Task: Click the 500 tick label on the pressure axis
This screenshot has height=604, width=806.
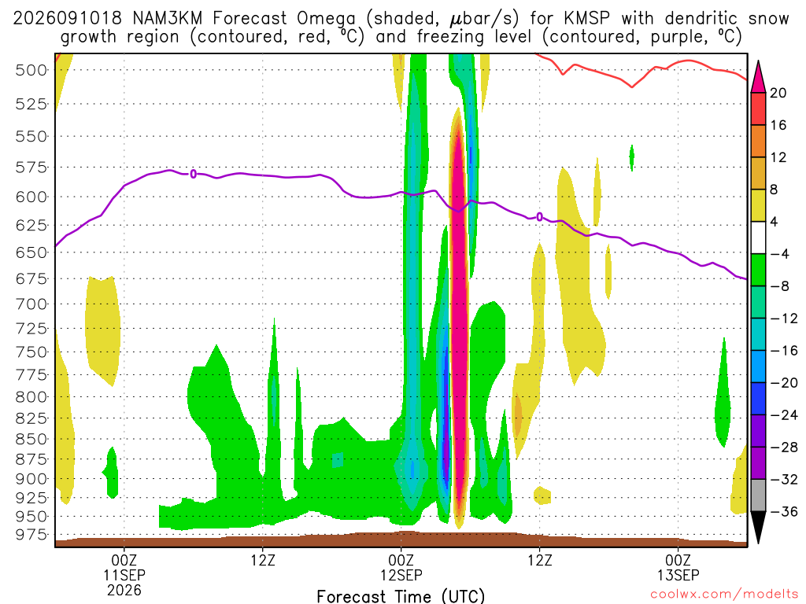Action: click(x=31, y=70)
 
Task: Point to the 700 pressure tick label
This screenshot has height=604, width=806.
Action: click(x=31, y=304)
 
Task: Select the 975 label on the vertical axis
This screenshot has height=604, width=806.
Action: click(x=31, y=535)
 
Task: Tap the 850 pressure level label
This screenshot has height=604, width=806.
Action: click(x=31, y=439)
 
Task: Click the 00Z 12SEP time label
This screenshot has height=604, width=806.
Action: click(x=401, y=567)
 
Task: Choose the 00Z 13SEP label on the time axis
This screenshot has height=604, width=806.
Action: click(x=678, y=567)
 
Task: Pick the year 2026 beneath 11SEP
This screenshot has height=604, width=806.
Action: click(x=124, y=590)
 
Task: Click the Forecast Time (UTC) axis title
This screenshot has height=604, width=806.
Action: click(x=401, y=596)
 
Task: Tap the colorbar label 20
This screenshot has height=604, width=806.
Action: click(x=778, y=93)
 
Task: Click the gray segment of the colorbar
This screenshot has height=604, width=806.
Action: click(x=758, y=495)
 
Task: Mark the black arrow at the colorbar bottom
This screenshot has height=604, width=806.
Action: click(x=758, y=526)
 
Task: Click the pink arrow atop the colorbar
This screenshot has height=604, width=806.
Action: click(x=758, y=78)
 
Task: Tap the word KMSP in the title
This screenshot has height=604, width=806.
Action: click(x=586, y=19)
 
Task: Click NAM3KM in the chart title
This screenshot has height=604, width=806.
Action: click(x=167, y=19)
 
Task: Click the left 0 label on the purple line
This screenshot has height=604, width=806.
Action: click(x=194, y=174)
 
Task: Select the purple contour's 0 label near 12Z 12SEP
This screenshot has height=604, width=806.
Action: click(x=539, y=217)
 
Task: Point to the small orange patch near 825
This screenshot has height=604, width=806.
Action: click(x=518, y=414)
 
